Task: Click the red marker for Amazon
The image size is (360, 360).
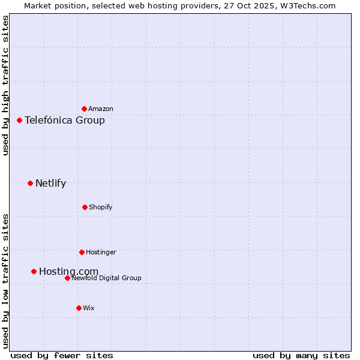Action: (x=84, y=109)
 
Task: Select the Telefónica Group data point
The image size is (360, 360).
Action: (x=19, y=120)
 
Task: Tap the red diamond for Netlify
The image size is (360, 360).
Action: (x=30, y=183)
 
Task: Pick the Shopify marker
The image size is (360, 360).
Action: (x=85, y=207)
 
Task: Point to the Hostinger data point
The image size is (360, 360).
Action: (x=82, y=252)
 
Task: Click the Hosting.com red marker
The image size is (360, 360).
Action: (x=34, y=271)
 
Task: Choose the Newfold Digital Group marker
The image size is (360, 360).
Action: (x=67, y=278)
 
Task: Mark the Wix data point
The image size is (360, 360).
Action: (x=79, y=308)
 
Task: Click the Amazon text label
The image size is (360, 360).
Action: (x=101, y=109)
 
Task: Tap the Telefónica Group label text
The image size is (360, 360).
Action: (x=65, y=120)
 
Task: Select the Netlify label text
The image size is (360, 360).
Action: (x=50, y=183)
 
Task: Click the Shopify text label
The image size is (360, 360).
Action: (x=101, y=207)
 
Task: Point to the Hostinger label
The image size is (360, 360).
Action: (x=101, y=252)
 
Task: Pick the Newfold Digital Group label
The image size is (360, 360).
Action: (x=106, y=278)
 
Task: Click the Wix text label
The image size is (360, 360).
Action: (x=89, y=308)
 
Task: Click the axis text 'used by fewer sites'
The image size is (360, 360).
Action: (x=62, y=355)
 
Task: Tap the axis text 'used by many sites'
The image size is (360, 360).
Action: (x=301, y=355)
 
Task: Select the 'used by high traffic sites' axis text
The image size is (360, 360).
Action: (x=5, y=85)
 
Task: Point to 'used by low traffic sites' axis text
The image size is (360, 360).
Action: (x=5, y=280)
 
